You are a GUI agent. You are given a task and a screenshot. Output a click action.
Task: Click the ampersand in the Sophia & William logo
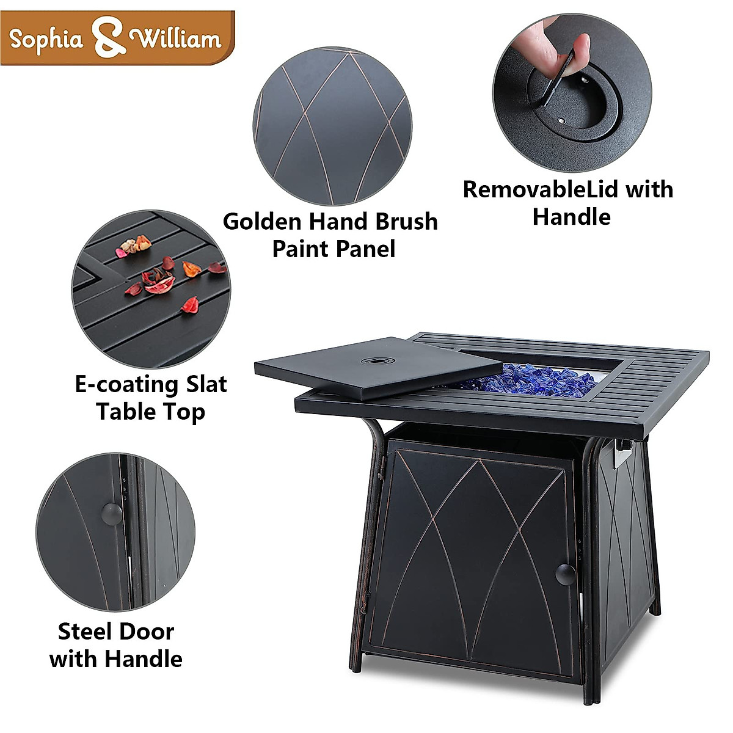(111, 38)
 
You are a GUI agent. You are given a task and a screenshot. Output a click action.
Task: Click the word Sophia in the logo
(46, 40)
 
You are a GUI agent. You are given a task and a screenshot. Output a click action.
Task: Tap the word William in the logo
(177, 39)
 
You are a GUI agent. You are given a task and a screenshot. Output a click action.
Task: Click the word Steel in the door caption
(84, 631)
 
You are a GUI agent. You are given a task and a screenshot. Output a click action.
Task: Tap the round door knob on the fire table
(565, 574)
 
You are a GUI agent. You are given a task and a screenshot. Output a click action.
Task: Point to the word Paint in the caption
(298, 249)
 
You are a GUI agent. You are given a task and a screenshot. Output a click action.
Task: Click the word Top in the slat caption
(183, 413)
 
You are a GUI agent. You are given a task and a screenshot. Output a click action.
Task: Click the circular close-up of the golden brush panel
(333, 127)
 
